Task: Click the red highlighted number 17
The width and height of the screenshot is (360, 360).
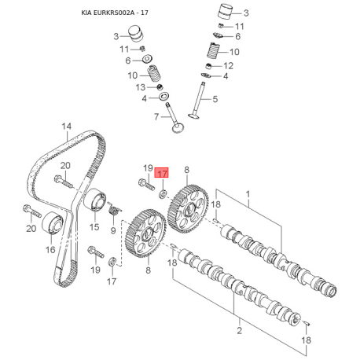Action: coord(161,173)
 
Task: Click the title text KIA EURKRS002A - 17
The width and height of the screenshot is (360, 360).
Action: coord(115,13)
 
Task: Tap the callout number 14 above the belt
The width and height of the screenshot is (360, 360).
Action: coord(67,127)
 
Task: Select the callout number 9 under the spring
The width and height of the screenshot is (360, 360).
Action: coord(113,230)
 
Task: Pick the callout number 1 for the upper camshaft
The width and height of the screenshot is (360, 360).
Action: coord(248,194)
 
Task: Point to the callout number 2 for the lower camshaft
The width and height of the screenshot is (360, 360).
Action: coord(239,330)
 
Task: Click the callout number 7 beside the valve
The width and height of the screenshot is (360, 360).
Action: coord(156,116)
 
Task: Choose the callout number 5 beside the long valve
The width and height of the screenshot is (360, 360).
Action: coord(215,99)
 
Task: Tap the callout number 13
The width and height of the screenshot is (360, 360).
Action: coord(141,87)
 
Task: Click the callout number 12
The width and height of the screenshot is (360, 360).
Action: coord(228,66)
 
